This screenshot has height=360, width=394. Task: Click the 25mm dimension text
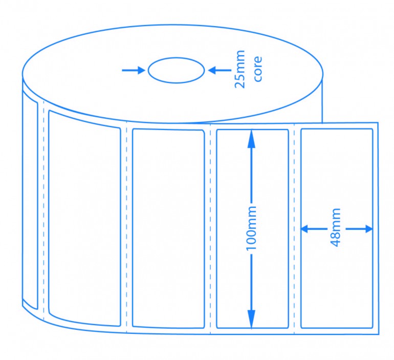tap(239, 69)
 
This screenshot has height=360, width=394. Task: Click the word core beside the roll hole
tap(257, 69)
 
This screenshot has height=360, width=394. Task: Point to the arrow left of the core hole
tap(134, 70)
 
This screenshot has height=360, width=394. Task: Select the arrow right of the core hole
tap(220, 70)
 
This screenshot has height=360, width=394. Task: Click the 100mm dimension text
tap(251, 228)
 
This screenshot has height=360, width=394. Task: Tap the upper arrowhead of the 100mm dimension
tap(251, 138)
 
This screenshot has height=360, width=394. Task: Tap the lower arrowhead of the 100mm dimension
tap(251, 319)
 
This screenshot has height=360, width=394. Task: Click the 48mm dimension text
tap(336, 227)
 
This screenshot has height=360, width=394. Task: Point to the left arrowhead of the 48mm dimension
tap(304, 229)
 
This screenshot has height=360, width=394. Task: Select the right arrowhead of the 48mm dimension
tap(369, 229)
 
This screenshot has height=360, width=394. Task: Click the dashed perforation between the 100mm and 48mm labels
tap(294, 229)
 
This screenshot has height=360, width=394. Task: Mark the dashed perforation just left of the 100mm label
tap(210, 229)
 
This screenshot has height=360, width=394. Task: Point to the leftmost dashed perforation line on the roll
tap(43, 210)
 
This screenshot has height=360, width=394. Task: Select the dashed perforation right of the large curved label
tap(126, 227)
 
